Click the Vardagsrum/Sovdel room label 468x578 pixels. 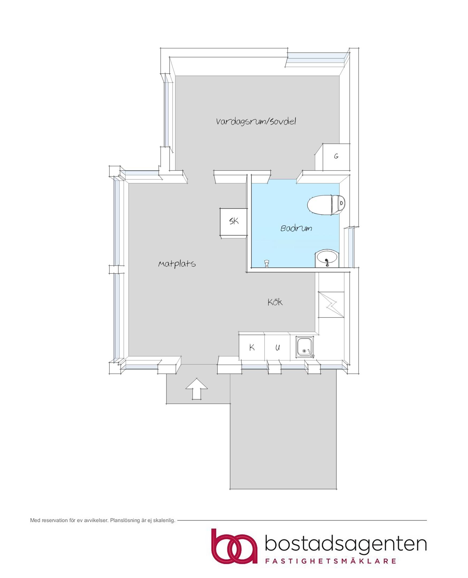click(x=256, y=121)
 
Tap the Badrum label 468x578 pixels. click(x=296, y=229)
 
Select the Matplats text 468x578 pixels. click(x=177, y=264)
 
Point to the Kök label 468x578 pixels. click(x=275, y=302)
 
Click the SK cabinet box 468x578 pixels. click(x=233, y=222)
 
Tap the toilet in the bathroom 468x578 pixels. click(x=326, y=205)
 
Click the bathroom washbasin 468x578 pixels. click(x=327, y=259)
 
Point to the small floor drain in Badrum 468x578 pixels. click(x=267, y=263)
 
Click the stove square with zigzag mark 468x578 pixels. click(x=331, y=305)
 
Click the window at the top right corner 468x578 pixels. click(x=317, y=60)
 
